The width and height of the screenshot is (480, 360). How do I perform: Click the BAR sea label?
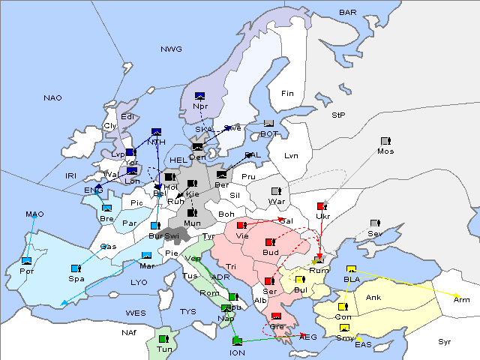pyautogui.click(x=347, y=12)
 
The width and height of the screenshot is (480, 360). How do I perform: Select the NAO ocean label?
pyautogui.click(x=52, y=98)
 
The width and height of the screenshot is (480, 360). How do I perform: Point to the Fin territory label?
pyautogui.click(x=287, y=93)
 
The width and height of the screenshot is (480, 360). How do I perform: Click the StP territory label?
pyautogui.click(x=338, y=115)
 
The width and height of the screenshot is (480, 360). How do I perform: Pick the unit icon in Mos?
pyautogui.click(x=385, y=141)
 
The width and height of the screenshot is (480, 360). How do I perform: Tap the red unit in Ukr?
pyautogui.click(x=322, y=205)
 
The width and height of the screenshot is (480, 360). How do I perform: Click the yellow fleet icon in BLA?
pyautogui.click(x=350, y=270)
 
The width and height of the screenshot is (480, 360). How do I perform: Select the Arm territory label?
pyautogui.click(x=462, y=298)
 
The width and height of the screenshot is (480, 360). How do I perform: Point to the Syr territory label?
pyautogui.click(x=445, y=341)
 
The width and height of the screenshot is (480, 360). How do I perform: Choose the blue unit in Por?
pyautogui.click(x=27, y=261)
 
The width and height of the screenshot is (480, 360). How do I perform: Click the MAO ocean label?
pyautogui.click(x=34, y=214)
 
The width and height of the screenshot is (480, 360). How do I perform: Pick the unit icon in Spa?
pyautogui.click(x=76, y=268)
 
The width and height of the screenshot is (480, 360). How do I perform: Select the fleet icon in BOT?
pyautogui.click(x=268, y=124)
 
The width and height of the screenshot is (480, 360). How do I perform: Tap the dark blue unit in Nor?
pyautogui.click(x=200, y=96)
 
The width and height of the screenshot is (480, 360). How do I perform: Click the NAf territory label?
pyautogui.click(x=130, y=331)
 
